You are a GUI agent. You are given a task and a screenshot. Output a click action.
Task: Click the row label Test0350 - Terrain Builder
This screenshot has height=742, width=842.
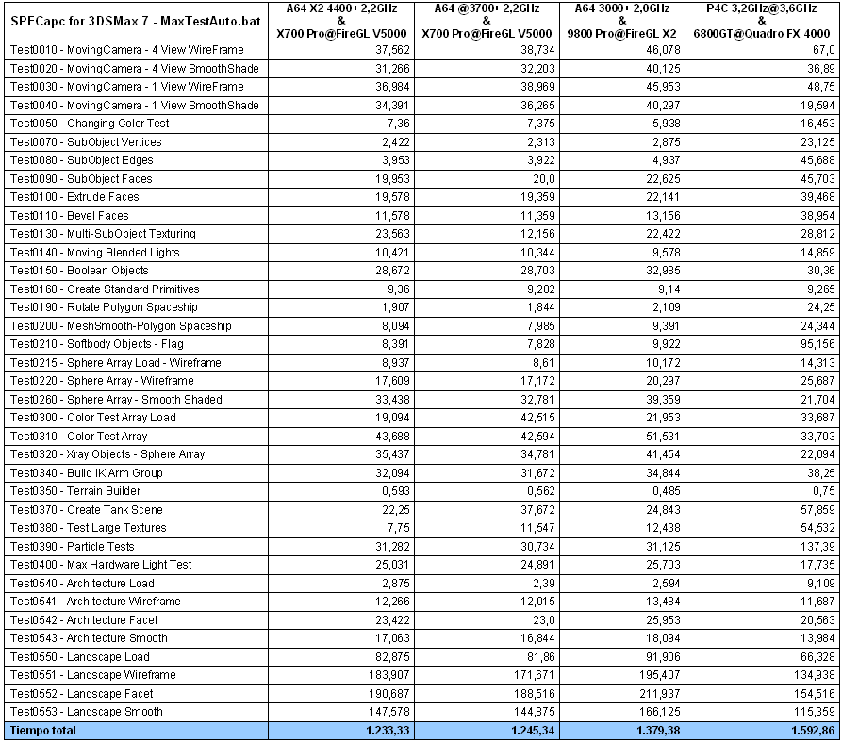coord(75,491)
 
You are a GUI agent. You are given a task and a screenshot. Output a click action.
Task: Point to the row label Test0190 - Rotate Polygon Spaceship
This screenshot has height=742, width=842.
coord(104,307)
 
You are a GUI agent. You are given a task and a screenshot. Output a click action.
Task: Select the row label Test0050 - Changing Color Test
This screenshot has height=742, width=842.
coord(90,124)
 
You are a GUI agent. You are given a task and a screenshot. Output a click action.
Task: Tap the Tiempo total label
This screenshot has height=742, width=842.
coord(43,731)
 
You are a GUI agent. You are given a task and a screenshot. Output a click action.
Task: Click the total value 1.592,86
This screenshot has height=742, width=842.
coord(808,731)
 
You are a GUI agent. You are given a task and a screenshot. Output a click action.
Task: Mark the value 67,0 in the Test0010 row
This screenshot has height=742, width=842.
coord(821,50)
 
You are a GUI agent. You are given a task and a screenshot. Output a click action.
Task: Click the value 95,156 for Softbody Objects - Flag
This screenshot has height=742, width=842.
coord(816,344)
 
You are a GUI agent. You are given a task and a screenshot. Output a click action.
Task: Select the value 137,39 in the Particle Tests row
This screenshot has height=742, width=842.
coord(816,547)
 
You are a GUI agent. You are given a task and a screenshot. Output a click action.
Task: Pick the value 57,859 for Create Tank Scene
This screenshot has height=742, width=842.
coord(816,510)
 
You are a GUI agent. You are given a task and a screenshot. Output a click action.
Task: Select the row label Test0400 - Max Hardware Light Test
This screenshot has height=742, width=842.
coord(101,565)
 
